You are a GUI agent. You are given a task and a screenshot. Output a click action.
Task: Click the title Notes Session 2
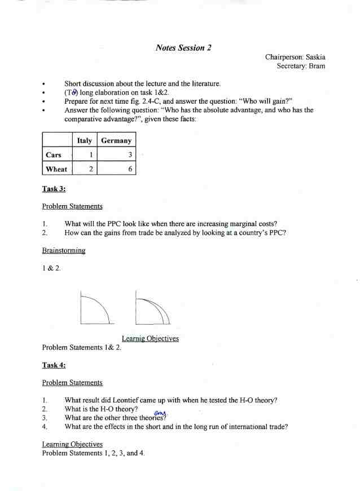coord(183,48)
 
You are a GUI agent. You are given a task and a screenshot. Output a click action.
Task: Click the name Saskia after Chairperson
coord(315,57)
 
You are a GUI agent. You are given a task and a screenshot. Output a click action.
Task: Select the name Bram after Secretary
coord(317,66)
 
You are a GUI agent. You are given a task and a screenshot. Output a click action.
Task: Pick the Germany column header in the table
coord(116,140)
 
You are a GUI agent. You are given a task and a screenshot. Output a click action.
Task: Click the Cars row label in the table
coord(54,154)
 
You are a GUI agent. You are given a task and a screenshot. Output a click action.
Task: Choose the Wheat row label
coord(56,169)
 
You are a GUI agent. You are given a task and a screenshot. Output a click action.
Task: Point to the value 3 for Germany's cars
coord(130,154)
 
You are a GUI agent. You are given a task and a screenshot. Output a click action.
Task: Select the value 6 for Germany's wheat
coord(130,169)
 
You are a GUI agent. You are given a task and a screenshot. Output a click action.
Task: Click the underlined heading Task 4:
coord(54,365)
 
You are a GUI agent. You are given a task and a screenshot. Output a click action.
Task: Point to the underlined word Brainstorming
coord(63,250)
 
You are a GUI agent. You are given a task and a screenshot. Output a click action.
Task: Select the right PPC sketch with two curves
coord(152,308)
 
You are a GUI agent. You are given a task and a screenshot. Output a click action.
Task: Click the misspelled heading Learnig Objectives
coord(150,338)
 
